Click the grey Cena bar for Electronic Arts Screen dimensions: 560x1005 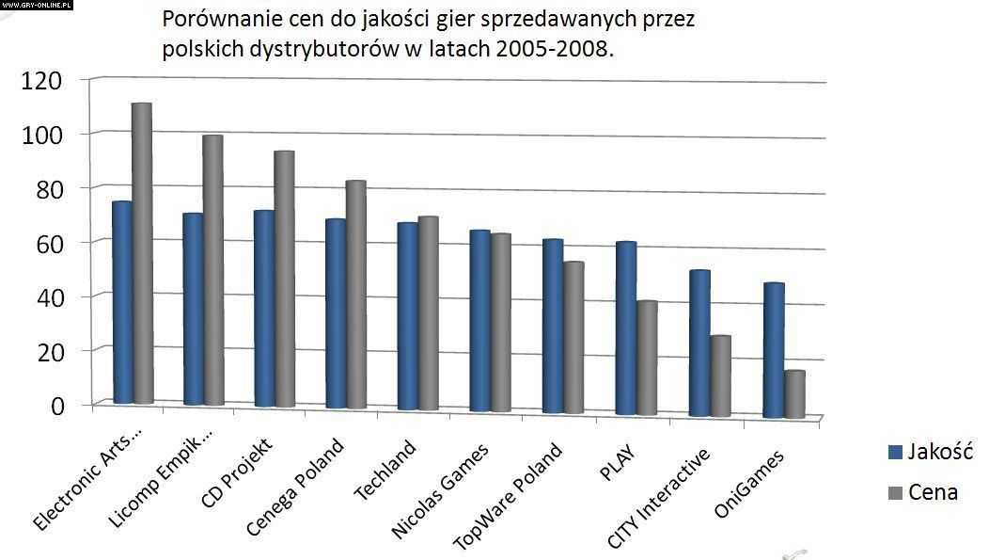pos(142,254)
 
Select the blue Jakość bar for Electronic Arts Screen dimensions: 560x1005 pos(122,303)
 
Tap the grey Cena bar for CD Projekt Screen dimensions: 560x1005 pos(284,280)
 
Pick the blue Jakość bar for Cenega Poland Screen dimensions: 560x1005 pos(336,313)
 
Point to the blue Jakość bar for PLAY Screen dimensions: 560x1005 pos(625,328)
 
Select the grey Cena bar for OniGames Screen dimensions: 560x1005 pos(794,394)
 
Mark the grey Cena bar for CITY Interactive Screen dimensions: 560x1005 pos(720,376)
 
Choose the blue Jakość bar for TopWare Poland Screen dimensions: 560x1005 pos(553,327)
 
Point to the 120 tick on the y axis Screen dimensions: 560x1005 pos(41,80)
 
